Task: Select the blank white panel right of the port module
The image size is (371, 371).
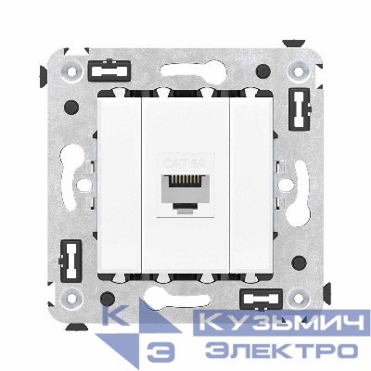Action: click(x=250, y=185)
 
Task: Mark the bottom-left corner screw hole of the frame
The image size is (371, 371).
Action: click(x=70, y=301)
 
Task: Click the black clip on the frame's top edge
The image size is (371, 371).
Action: click(x=110, y=70)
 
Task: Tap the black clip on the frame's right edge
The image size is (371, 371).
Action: click(x=300, y=111)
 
